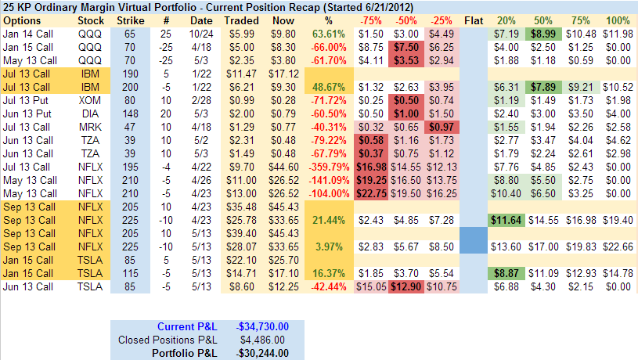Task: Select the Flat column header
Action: (x=473, y=20)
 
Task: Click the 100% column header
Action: (x=618, y=20)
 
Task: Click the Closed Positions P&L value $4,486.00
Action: (x=263, y=340)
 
